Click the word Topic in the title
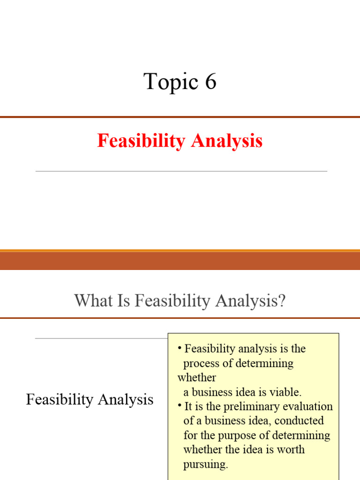coord(165,82)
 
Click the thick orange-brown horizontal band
coord(180,260)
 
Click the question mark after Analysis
coord(281,300)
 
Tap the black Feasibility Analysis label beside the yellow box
coord(90,399)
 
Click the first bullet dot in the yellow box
coord(180,348)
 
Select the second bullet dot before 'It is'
coord(180,405)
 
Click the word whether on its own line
coord(196,377)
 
